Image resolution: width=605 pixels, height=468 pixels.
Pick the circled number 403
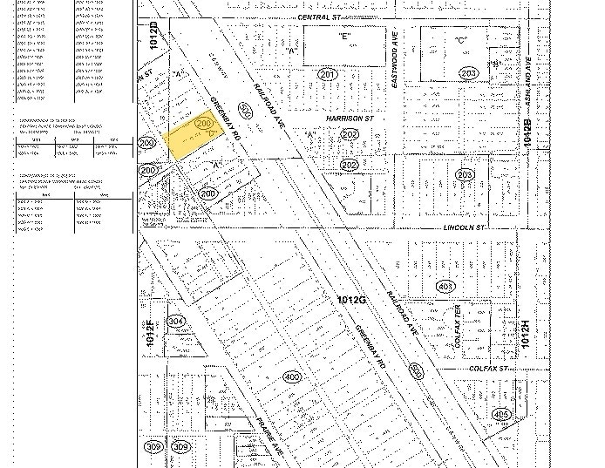click(445, 286)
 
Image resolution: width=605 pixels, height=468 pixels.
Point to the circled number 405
click(501, 414)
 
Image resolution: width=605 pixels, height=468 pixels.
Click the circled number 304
click(176, 321)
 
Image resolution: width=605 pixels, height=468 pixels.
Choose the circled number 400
click(293, 376)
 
